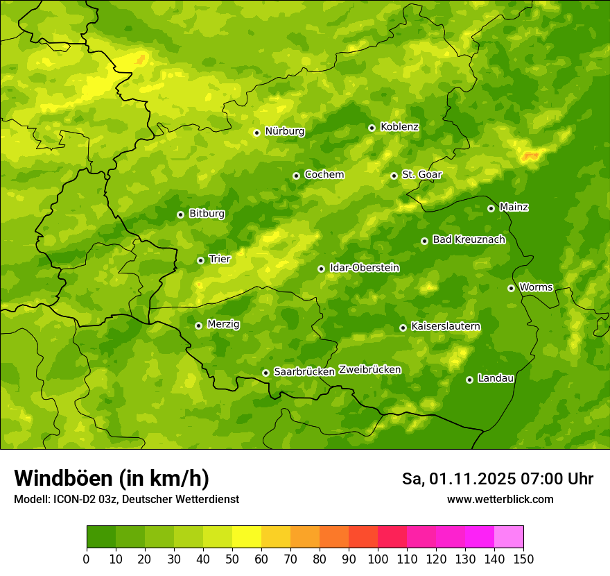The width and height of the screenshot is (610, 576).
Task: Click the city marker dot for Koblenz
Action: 372,128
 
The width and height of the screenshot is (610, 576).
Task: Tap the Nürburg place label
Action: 284,131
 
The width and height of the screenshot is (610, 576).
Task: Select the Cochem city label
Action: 324,174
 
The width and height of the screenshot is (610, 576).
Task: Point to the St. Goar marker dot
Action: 394,176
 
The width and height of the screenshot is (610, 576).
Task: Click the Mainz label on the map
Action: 514,207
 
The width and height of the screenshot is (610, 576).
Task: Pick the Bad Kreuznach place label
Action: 469,239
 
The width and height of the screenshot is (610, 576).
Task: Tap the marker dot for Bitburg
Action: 180,214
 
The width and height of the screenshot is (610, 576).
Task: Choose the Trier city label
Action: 219,259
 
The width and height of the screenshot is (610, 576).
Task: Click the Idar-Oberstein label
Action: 364,267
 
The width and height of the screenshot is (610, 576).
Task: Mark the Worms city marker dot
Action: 511,288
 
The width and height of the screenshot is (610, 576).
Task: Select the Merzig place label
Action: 223,324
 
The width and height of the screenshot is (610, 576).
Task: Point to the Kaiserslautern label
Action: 445,326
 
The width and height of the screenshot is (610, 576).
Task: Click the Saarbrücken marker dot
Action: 265,373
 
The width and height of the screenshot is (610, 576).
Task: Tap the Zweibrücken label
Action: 369,370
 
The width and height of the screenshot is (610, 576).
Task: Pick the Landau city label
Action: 496,378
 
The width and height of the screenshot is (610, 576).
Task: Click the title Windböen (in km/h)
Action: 112,478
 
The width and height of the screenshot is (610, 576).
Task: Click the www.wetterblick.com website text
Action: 500,500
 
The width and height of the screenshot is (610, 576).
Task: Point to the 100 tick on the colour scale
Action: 378,559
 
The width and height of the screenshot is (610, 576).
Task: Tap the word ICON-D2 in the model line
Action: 73,500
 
